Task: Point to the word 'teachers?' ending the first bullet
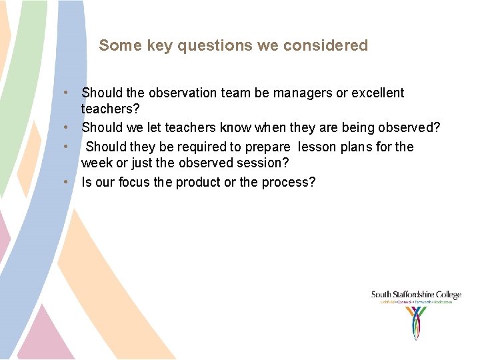pyautogui.click(x=110, y=109)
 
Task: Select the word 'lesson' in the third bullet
pyautogui.click(x=317, y=147)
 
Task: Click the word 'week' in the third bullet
pyautogui.click(x=95, y=163)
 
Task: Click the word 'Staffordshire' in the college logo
pyautogui.click(x=415, y=295)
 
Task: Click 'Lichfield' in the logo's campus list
pyautogui.click(x=388, y=302)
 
